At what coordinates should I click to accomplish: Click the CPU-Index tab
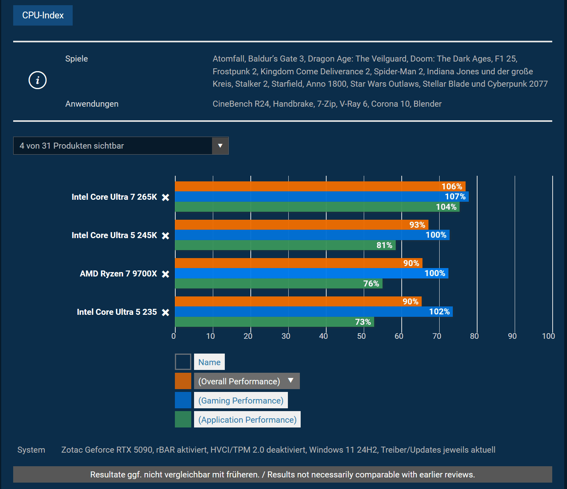[x=43, y=15]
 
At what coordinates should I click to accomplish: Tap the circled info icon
[x=38, y=80]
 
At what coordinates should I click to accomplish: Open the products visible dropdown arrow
[x=220, y=146]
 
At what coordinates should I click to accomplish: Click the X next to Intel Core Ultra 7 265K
[x=165, y=197]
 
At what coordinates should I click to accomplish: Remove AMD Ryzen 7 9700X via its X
[x=165, y=274]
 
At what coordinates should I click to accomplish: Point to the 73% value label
[x=363, y=322]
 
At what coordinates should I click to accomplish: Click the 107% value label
[x=455, y=197]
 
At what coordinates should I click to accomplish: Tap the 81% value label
[x=384, y=245]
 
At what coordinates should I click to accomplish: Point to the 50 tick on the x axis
[x=361, y=336]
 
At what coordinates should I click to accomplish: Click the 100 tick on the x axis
[x=548, y=336]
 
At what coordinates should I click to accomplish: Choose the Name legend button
[x=209, y=362]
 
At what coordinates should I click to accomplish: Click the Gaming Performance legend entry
[x=241, y=400]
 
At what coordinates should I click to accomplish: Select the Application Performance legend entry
[x=247, y=419]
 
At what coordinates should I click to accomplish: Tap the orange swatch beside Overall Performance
[x=183, y=381]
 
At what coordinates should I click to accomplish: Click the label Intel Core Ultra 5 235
[x=117, y=312]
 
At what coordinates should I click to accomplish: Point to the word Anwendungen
[x=92, y=104]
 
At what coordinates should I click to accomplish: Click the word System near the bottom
[x=31, y=450]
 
